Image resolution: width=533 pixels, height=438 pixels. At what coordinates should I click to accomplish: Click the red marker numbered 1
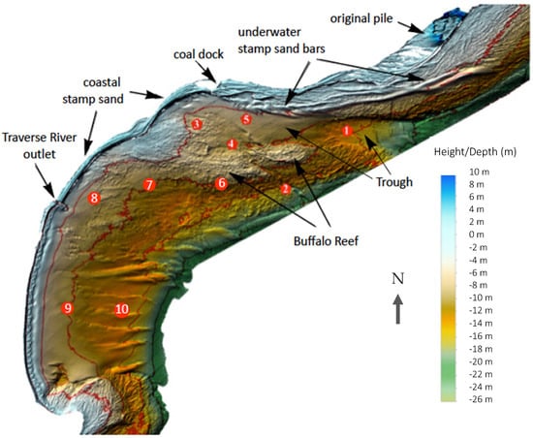(x=346, y=130)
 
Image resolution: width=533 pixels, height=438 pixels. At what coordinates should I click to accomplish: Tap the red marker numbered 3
(x=197, y=124)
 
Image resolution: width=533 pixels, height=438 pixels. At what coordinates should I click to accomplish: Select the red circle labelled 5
(x=246, y=119)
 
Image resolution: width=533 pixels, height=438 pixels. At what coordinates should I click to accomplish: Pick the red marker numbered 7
(x=148, y=184)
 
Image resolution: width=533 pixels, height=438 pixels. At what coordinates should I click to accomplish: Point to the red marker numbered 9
(x=67, y=308)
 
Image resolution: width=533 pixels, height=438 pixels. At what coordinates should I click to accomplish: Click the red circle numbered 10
(x=121, y=310)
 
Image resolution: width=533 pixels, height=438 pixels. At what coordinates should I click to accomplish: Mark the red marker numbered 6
(x=222, y=182)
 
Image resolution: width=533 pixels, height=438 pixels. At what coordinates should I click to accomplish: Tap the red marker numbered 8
(x=94, y=199)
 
